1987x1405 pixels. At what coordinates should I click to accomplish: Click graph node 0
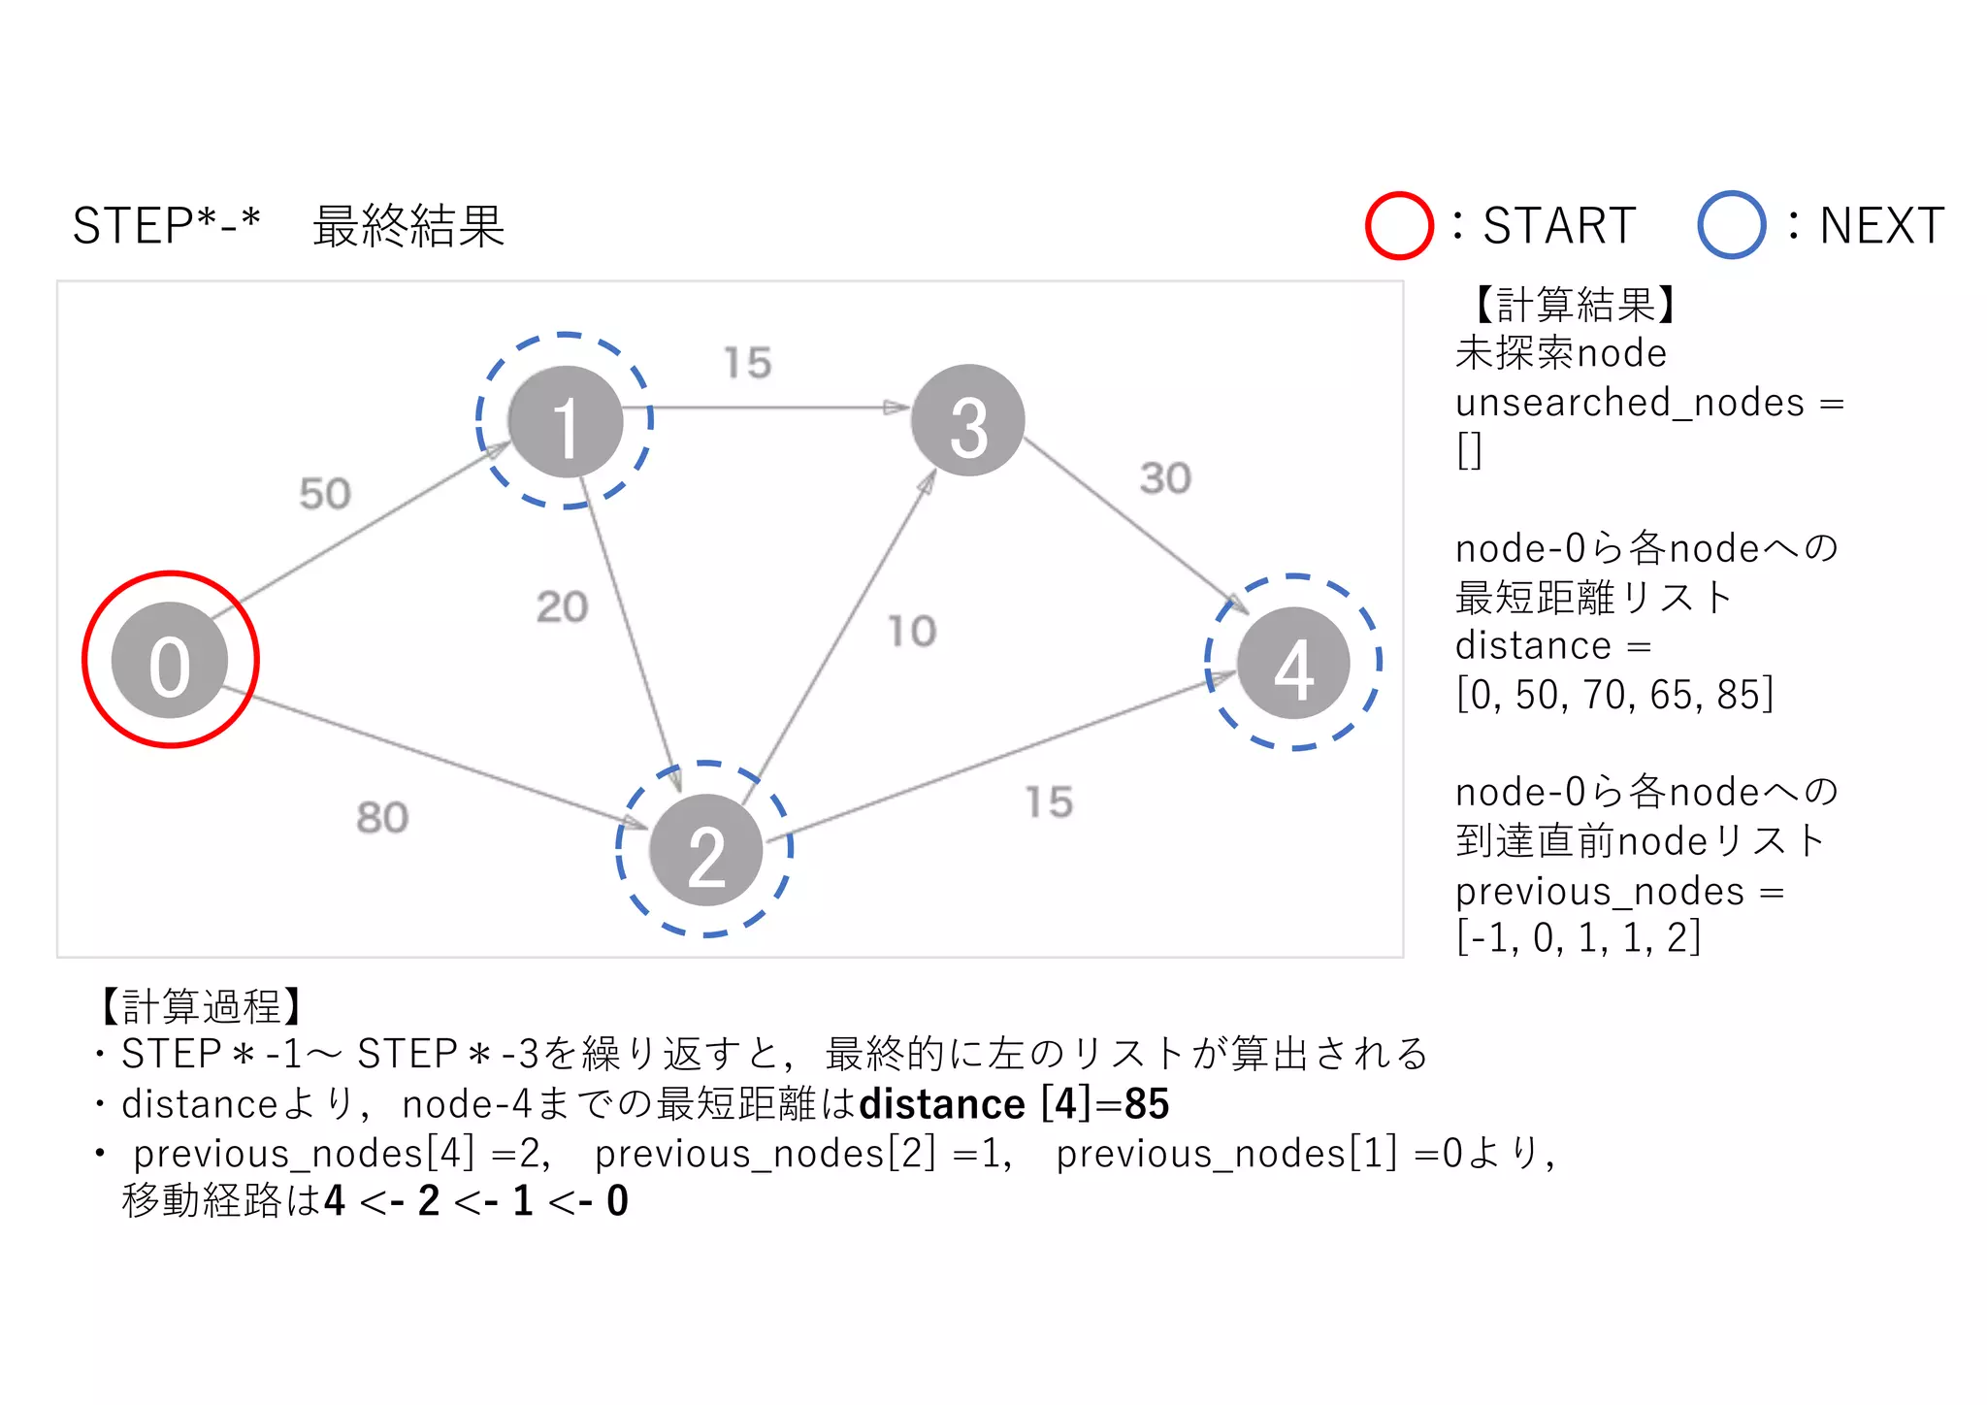tap(170, 661)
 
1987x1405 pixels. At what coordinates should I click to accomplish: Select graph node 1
tap(565, 422)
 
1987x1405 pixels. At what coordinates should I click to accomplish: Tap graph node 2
tap(705, 850)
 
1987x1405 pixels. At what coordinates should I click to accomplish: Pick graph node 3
tap(967, 420)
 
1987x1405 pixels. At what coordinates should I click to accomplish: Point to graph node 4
tap(1292, 664)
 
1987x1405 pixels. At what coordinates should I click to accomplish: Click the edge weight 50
tap(324, 494)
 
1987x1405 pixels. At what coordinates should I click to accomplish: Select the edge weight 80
tap(381, 818)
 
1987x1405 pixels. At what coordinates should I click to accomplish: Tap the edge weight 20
tap(562, 607)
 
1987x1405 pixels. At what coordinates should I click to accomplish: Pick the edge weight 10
tap(912, 632)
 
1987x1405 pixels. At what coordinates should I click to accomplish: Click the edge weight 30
tap(1164, 478)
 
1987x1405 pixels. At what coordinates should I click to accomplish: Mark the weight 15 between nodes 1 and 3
tap(747, 363)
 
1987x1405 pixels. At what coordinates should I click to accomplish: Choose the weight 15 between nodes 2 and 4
tap(1049, 802)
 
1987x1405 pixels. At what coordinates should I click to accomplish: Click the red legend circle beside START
tap(1398, 226)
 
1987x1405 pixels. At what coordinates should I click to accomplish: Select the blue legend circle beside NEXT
tap(1730, 225)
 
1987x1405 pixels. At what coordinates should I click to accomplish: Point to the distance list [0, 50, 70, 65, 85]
tap(1613, 695)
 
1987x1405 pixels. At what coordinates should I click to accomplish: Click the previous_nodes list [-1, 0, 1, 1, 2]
tap(1578, 938)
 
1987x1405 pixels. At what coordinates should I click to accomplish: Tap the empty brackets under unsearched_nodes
tap(1469, 450)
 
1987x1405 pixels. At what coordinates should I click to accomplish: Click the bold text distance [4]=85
tap(1014, 1104)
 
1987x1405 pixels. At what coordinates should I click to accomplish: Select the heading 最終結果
tap(408, 226)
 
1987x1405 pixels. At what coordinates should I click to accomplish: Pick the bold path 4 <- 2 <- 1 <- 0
tap(476, 1201)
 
